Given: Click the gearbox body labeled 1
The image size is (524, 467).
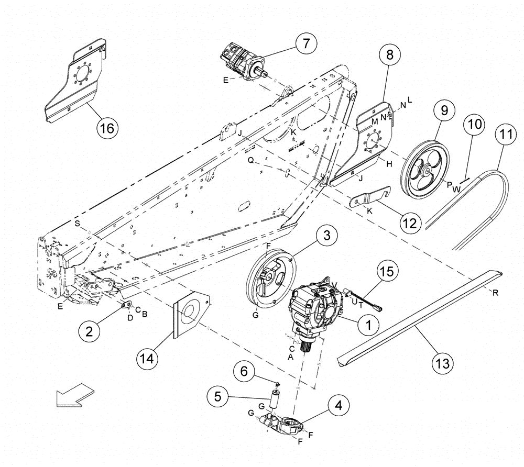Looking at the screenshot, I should pyautogui.click(x=313, y=309).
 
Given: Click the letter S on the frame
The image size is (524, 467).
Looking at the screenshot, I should pyautogui.click(x=77, y=223).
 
